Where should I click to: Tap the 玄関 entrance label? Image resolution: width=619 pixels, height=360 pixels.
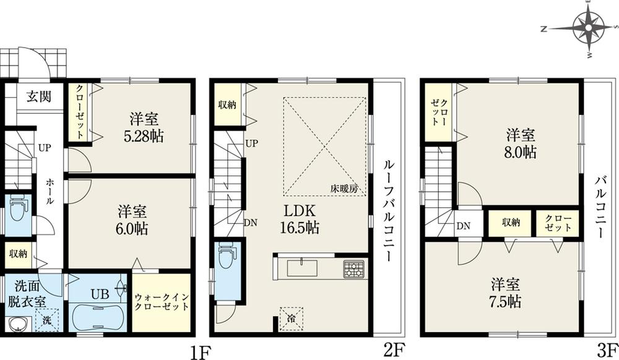pyautogui.click(x=38, y=96)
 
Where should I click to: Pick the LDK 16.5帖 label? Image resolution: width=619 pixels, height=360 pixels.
pyautogui.click(x=299, y=218)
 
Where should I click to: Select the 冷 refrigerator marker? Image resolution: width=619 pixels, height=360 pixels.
pyautogui.click(x=290, y=318)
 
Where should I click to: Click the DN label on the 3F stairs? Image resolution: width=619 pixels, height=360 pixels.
pyautogui.click(x=463, y=226)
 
